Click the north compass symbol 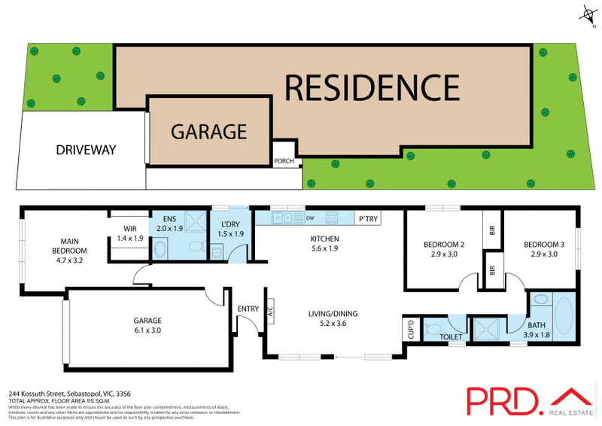pyautogui.click(x=588, y=13)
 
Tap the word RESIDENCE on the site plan pyautogui.click(x=372, y=87)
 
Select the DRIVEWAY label pyautogui.click(x=87, y=150)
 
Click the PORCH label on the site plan pyautogui.click(x=284, y=160)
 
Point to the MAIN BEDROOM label pyautogui.click(x=69, y=245)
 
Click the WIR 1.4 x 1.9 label pyautogui.click(x=129, y=233)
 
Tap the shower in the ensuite pyautogui.click(x=194, y=223)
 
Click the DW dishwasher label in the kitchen pyautogui.click(x=311, y=218)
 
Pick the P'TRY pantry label pyautogui.click(x=369, y=218)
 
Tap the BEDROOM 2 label pyautogui.click(x=442, y=249)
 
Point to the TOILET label pyautogui.click(x=451, y=336)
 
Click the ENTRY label pyautogui.click(x=248, y=309)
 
